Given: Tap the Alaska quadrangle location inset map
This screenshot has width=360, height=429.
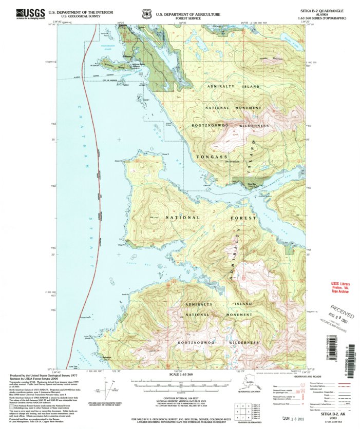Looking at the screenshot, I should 249,384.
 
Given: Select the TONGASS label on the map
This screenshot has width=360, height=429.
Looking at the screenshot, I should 211,156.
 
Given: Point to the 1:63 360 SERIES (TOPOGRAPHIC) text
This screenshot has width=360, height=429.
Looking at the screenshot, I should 321,18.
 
